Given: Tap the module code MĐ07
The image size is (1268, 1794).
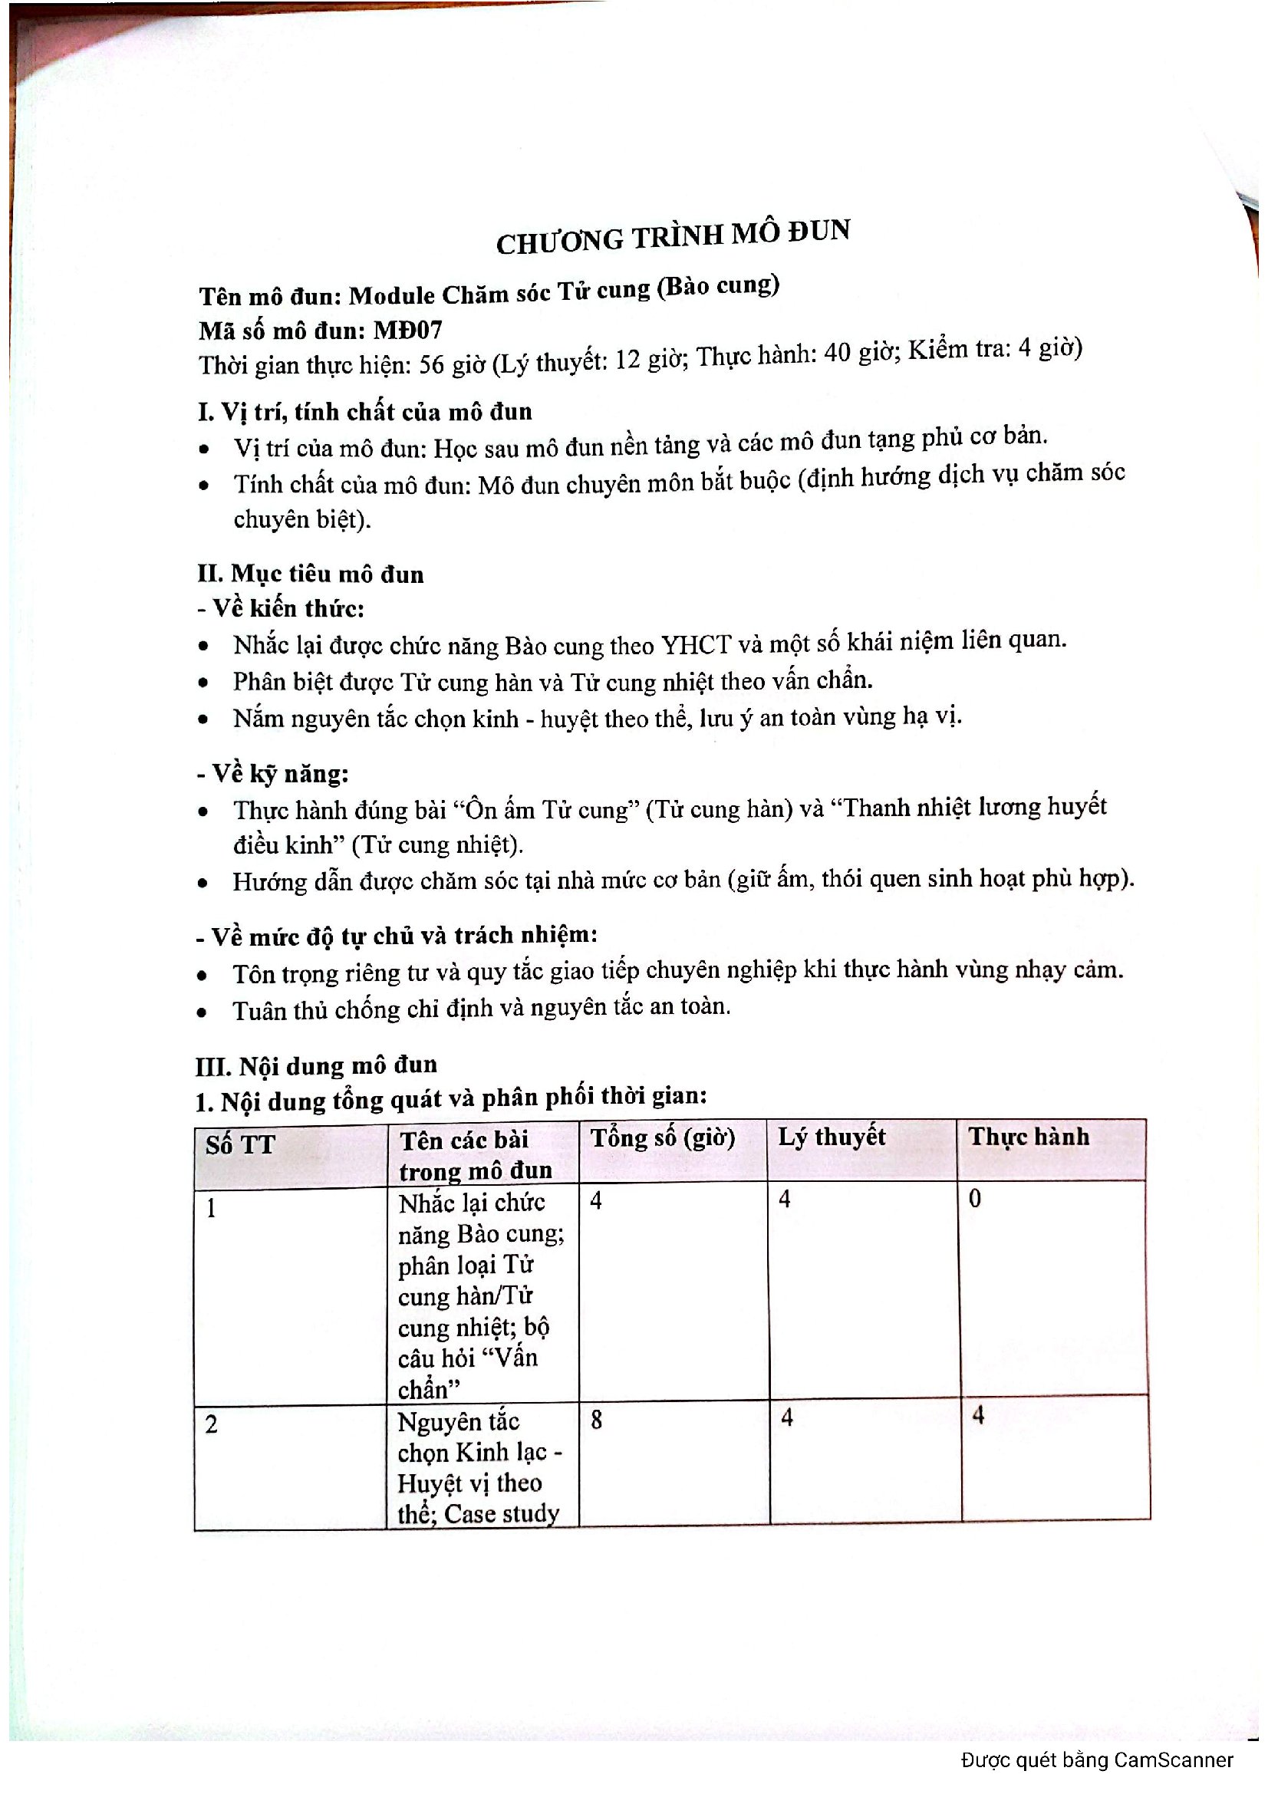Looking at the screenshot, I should pos(409,330).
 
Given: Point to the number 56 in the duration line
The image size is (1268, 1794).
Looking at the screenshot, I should pos(432,364).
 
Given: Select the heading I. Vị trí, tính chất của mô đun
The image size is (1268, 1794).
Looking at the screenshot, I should pos(365,412).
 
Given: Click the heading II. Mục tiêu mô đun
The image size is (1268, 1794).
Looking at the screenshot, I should pos(310,574).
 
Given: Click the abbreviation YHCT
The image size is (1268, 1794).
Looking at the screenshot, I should pos(695,644).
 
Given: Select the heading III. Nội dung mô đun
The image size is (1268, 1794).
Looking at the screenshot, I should pos(315,1066).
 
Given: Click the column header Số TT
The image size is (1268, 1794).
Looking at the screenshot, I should pos(240,1145).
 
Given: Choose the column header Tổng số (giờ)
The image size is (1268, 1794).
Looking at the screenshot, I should pos(663,1137).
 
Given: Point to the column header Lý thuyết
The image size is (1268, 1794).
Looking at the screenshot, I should pos(832,1137).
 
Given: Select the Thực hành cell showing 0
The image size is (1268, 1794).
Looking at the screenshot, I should pos(974,1198).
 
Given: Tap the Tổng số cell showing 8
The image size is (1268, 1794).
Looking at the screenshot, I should pos(596,1419).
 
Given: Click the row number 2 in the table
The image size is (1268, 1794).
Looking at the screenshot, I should pos(211,1424).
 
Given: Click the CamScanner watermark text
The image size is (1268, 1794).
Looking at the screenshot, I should pos(1097,1759).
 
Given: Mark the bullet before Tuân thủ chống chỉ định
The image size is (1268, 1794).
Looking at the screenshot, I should pos(203,1012).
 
